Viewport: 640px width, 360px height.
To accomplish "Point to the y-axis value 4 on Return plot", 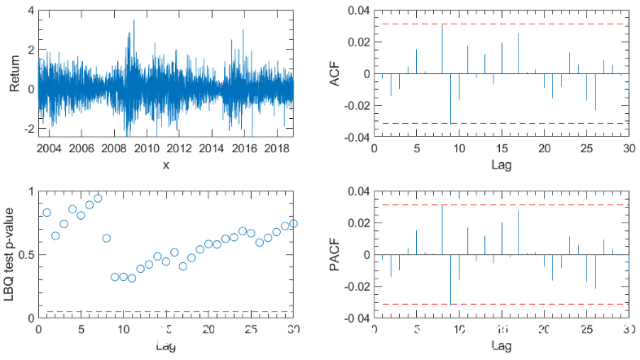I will pos(30,11).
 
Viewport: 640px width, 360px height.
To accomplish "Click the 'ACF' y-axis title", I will pos(334,74).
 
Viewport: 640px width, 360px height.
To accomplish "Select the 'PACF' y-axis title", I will pos(334,255).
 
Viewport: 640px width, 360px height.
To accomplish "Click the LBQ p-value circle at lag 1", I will pos(47,213).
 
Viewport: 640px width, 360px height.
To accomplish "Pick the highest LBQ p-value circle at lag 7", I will pos(98,198).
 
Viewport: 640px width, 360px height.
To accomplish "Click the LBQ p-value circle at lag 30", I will pos(293,223).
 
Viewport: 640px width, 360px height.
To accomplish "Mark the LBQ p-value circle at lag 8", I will pos(107,238).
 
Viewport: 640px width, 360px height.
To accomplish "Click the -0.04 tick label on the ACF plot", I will pos(355,138).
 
